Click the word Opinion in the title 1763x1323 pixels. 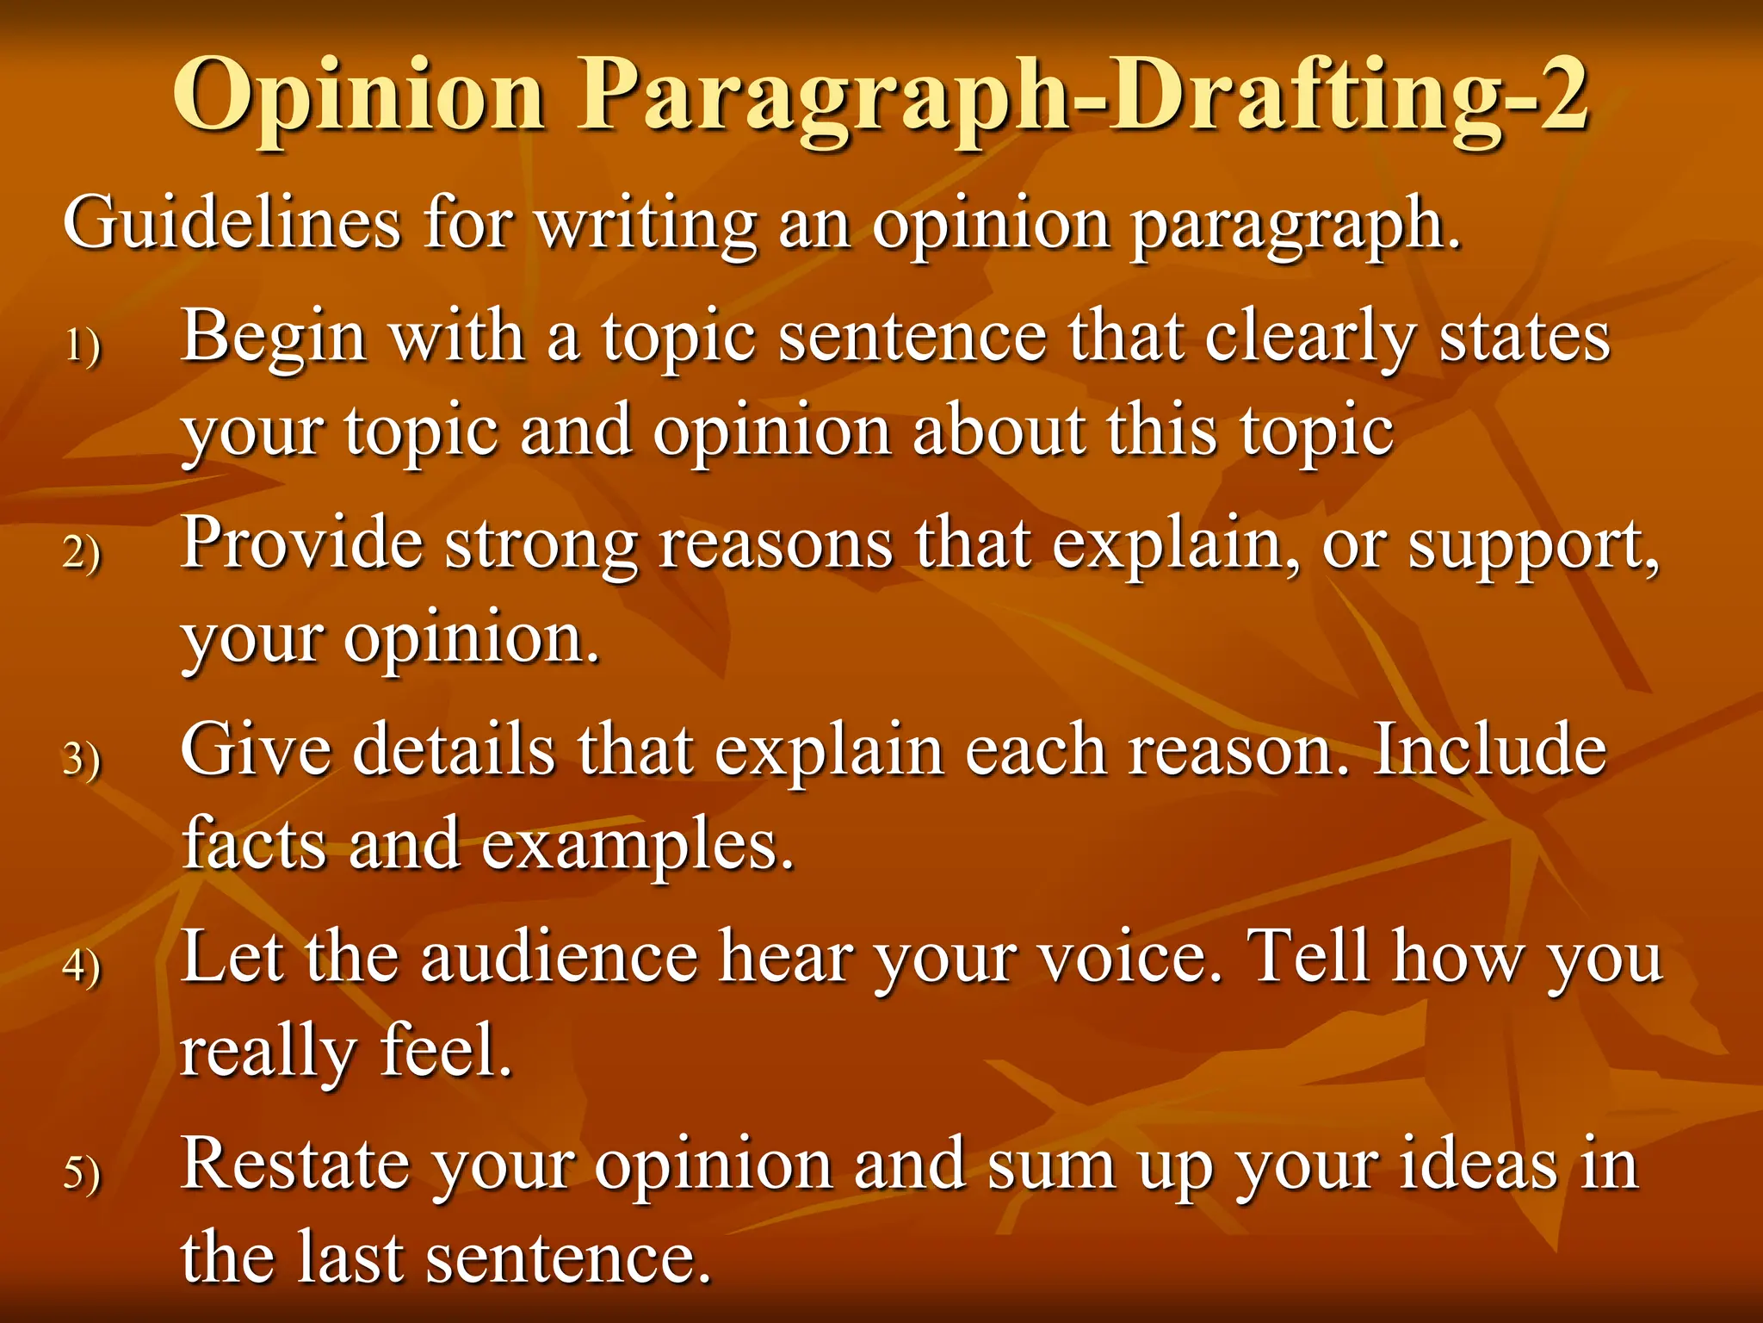[360, 96]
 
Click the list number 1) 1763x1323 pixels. [83, 347]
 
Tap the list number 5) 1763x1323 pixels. [83, 1173]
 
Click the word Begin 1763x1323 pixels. [275, 338]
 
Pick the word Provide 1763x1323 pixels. [302, 543]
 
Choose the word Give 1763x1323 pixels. [256, 750]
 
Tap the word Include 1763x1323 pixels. [1489, 750]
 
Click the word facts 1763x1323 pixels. [255, 843]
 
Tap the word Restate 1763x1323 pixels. [295, 1165]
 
